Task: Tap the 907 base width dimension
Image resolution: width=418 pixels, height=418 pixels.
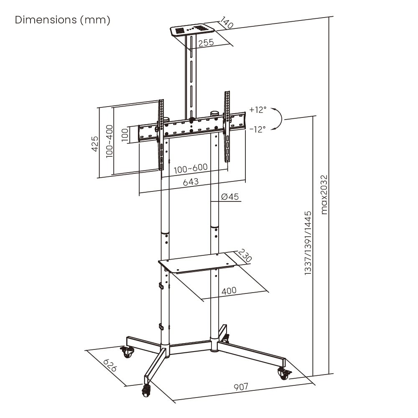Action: [x=241, y=387]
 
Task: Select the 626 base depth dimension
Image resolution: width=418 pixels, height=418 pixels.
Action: [x=110, y=366]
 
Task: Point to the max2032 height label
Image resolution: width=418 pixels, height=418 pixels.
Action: [x=324, y=194]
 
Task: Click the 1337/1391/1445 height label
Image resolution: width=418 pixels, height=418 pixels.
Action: [x=308, y=243]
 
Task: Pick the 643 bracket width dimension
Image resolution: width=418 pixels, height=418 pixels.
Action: [x=191, y=182]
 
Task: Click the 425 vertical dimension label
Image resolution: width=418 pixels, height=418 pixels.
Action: [x=95, y=143]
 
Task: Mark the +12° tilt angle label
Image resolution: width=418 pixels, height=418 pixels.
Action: [x=257, y=110]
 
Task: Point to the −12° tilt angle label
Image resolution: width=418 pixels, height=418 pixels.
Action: [x=257, y=129]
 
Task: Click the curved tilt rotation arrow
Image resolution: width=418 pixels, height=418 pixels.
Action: [x=278, y=119]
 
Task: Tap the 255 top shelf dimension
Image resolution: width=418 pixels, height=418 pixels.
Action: [x=206, y=43]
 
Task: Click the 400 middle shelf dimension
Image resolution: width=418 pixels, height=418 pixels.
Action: [x=229, y=290]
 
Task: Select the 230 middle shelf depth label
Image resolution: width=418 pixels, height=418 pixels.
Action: [x=245, y=256]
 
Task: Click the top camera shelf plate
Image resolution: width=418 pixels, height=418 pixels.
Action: [x=192, y=31]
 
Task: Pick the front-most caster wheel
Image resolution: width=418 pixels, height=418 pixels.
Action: [x=147, y=391]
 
